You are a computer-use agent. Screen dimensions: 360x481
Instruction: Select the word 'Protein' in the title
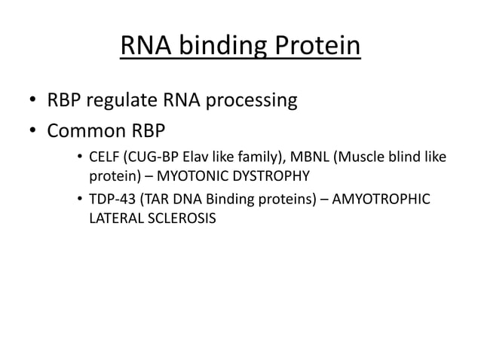coord(315,47)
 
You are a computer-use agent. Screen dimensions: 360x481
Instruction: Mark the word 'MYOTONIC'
coord(190,176)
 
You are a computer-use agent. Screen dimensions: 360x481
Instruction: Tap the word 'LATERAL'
coord(116,218)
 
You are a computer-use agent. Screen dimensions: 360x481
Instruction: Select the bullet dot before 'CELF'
coord(79,158)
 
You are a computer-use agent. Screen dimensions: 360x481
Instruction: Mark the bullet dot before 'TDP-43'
coord(79,200)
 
